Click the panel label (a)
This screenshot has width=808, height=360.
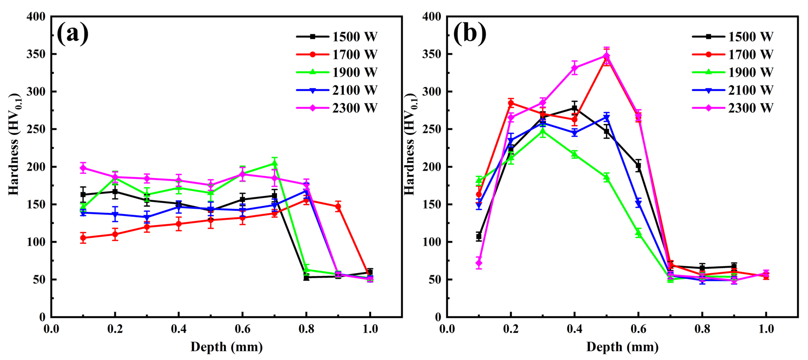pyautogui.click(x=73, y=34)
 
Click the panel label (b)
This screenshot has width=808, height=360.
pyautogui.click(x=469, y=34)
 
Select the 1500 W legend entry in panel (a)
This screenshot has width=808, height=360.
pyautogui.click(x=337, y=37)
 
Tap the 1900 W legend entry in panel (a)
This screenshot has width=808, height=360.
pyautogui.click(x=337, y=73)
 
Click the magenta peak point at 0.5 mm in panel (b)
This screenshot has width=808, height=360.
pyautogui.click(x=607, y=56)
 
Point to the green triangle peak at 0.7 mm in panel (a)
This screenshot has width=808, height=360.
pyautogui.click(x=274, y=163)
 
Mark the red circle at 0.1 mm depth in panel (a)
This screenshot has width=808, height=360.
pyautogui.click(x=83, y=238)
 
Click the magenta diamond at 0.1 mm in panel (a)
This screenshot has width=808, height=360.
pyautogui.click(x=83, y=168)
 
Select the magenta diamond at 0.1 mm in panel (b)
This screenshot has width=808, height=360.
pyautogui.click(x=479, y=263)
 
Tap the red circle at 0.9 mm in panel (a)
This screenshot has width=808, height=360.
pyautogui.click(x=338, y=206)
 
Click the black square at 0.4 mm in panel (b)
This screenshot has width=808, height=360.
pyautogui.click(x=574, y=108)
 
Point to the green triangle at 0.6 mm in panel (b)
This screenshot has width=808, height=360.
pyautogui.click(x=638, y=233)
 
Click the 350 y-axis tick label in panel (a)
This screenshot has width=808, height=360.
pyautogui.click(x=36, y=54)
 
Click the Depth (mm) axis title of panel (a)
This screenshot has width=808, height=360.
pyautogui.click(x=226, y=347)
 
